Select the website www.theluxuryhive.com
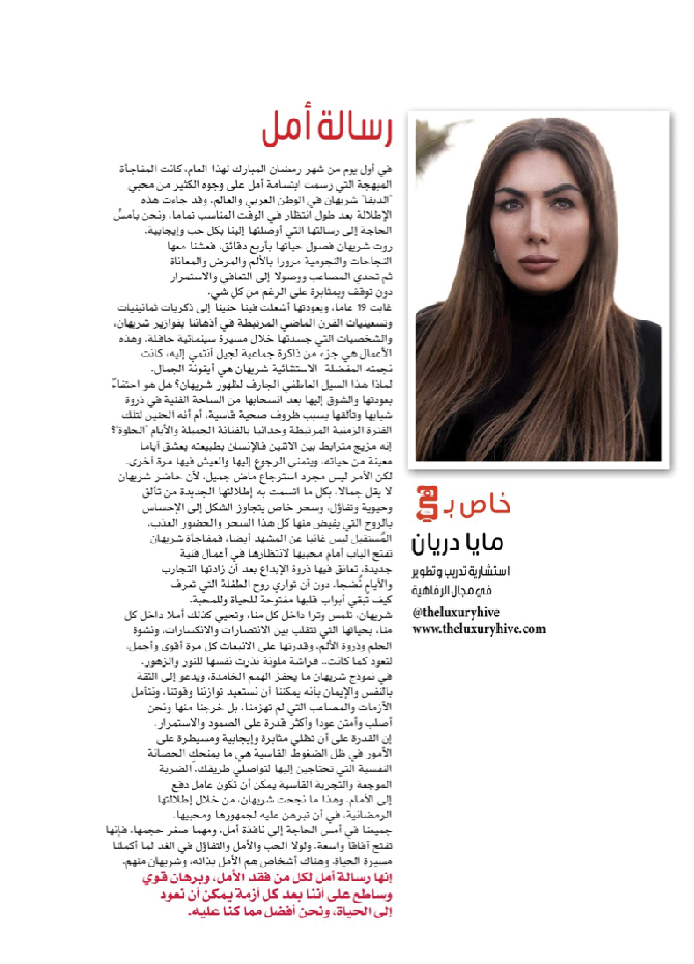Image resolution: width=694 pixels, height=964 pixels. [x=479, y=629]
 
